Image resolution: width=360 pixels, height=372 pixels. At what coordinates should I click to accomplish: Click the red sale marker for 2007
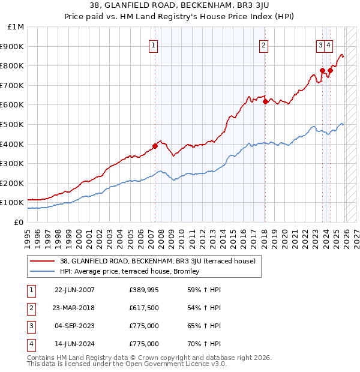155,145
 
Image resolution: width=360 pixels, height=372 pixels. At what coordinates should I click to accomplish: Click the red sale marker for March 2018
265,101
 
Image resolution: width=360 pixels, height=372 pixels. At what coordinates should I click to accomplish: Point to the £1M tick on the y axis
16,27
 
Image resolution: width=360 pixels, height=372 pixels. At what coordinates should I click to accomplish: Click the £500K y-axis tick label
13,124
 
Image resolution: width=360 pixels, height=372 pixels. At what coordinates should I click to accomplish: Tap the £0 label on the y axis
19,222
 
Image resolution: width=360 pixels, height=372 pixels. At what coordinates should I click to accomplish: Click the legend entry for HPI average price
133,272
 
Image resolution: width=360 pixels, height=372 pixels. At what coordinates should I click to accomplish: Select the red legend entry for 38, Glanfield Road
158,261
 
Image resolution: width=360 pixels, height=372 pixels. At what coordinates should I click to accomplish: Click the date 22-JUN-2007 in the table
74,290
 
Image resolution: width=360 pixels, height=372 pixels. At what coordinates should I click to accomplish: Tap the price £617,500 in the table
144,308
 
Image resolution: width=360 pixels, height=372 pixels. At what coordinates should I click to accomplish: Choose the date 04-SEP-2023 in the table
74,326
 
